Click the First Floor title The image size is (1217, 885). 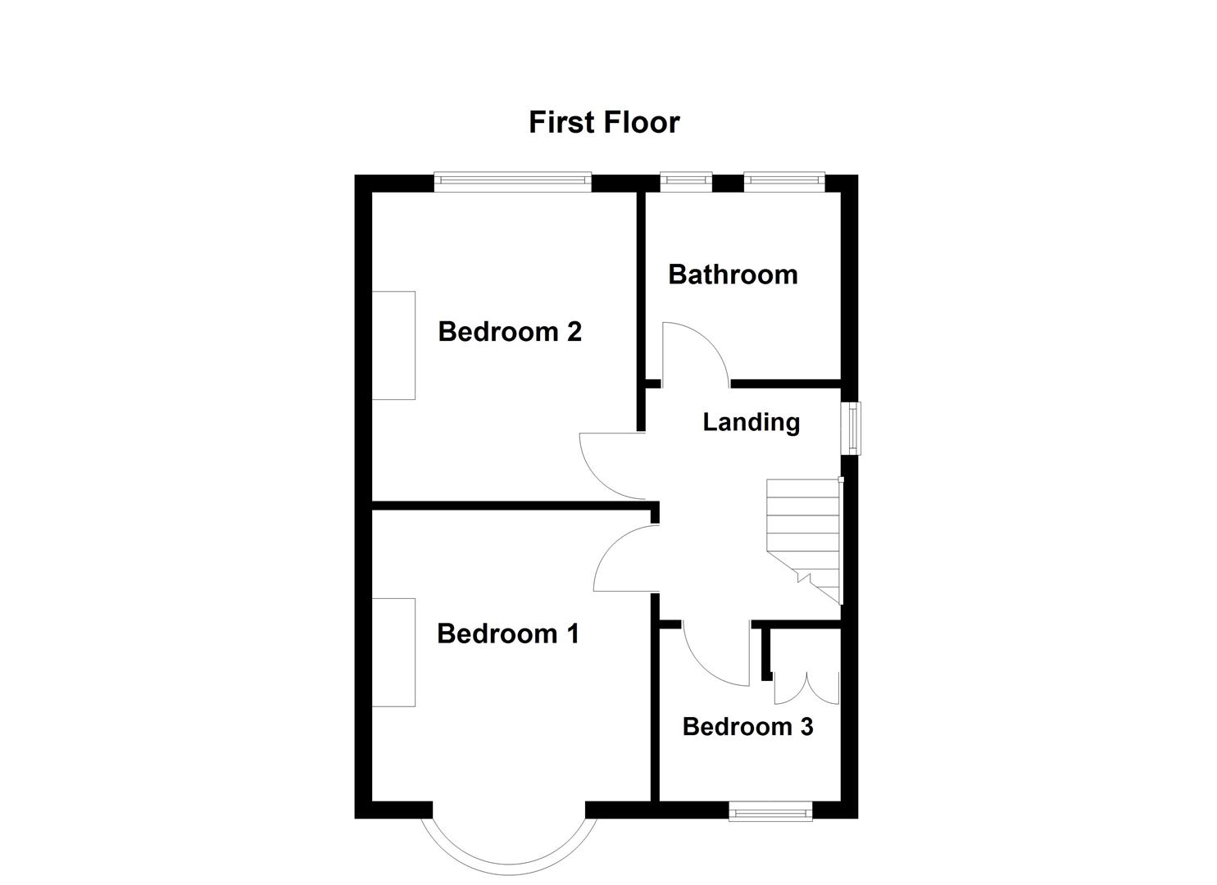(604, 123)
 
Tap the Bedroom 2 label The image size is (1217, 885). (510, 332)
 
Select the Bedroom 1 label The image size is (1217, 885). (508, 633)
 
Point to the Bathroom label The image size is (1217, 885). (733, 275)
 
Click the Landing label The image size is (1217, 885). (751, 422)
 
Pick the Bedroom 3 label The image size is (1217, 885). (747, 727)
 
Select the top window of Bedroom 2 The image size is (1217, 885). (512, 183)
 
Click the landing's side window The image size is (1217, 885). (855, 427)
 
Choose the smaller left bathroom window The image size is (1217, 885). (686, 183)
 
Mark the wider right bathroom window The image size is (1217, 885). (783, 183)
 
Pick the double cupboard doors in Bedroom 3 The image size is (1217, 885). (806, 688)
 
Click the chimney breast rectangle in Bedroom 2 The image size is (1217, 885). (393, 345)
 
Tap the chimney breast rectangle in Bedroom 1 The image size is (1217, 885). (393, 652)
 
